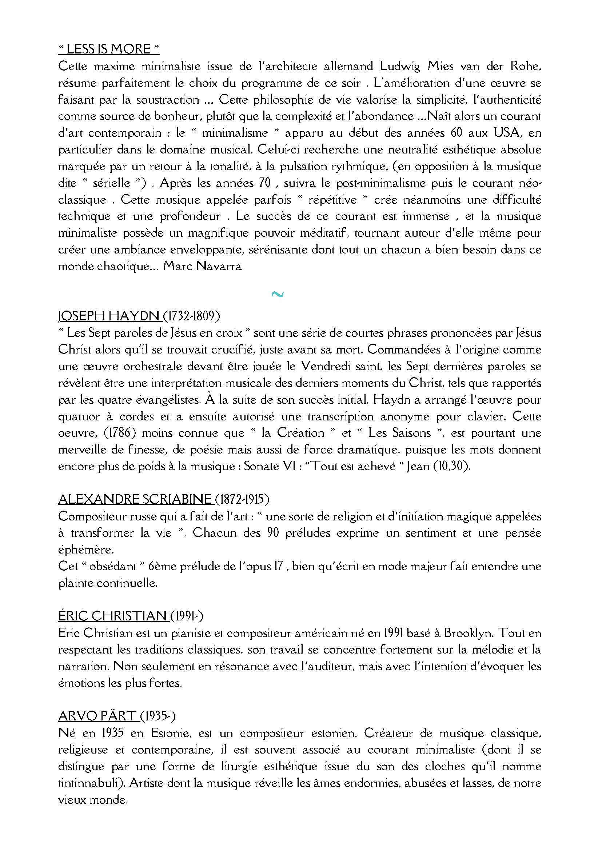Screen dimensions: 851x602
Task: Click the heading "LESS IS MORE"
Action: point(109,49)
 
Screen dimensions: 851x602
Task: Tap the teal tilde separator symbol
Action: point(278,295)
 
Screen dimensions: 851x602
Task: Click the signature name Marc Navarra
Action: point(202,267)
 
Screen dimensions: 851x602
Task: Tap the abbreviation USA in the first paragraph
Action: point(499,133)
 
